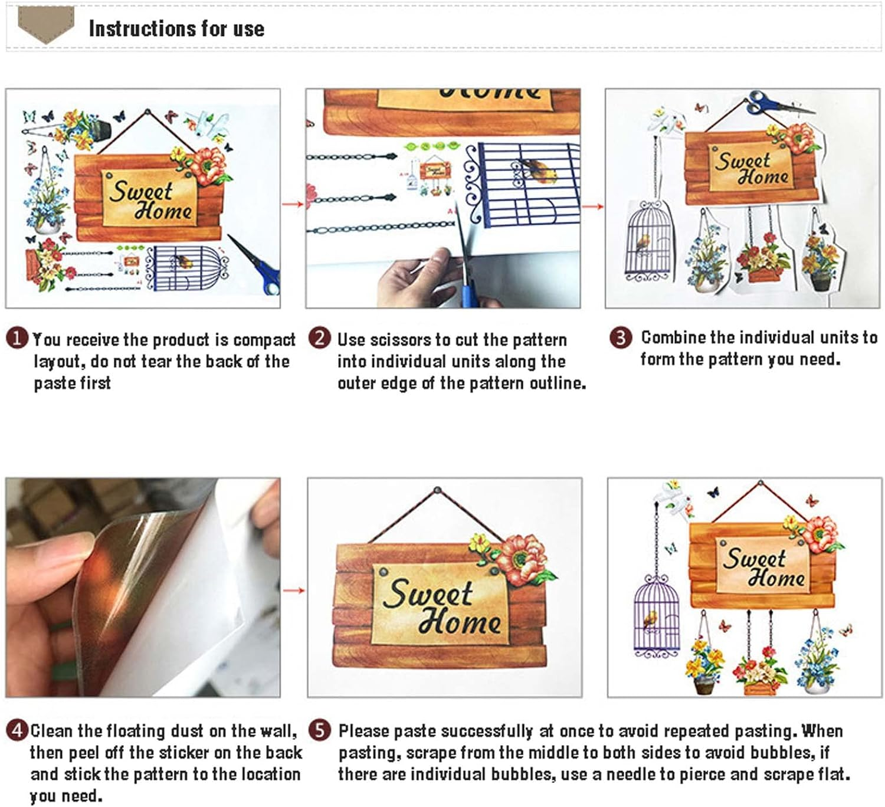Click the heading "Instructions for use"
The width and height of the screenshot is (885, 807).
point(176,29)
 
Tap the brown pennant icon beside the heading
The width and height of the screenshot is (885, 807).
point(46,25)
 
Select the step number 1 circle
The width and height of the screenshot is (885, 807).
point(17,339)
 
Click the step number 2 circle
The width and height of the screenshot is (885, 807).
point(319,339)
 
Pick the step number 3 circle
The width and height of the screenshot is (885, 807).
point(621,337)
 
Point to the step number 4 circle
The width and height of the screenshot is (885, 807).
point(17,730)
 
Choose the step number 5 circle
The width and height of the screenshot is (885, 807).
point(319,730)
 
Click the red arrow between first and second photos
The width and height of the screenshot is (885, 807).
point(293,204)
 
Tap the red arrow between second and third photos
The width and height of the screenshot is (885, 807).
point(592,206)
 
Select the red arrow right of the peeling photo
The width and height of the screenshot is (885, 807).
point(293,591)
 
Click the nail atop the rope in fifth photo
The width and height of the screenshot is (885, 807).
point(437,490)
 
